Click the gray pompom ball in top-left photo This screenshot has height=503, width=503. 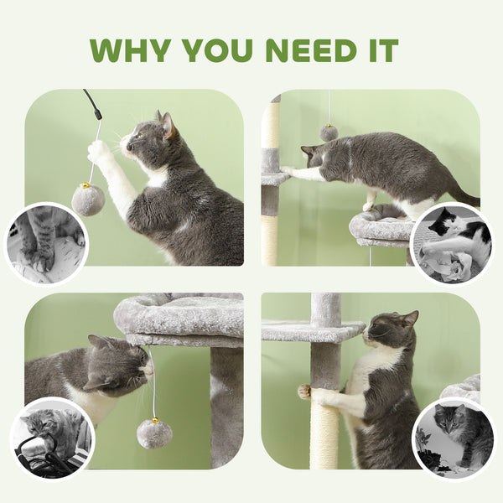pos(87,200)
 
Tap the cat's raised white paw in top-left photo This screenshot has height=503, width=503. pos(99,152)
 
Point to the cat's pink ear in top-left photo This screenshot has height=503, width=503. pos(169,126)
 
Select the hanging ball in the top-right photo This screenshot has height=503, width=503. pos(329,132)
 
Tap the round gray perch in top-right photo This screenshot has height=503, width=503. pos(381,228)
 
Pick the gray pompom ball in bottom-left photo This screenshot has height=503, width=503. pos(154,433)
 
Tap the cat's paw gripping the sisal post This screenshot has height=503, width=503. pos(305,391)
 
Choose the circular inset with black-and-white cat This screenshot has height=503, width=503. pos(453,244)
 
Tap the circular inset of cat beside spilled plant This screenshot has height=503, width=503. pos(454,438)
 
